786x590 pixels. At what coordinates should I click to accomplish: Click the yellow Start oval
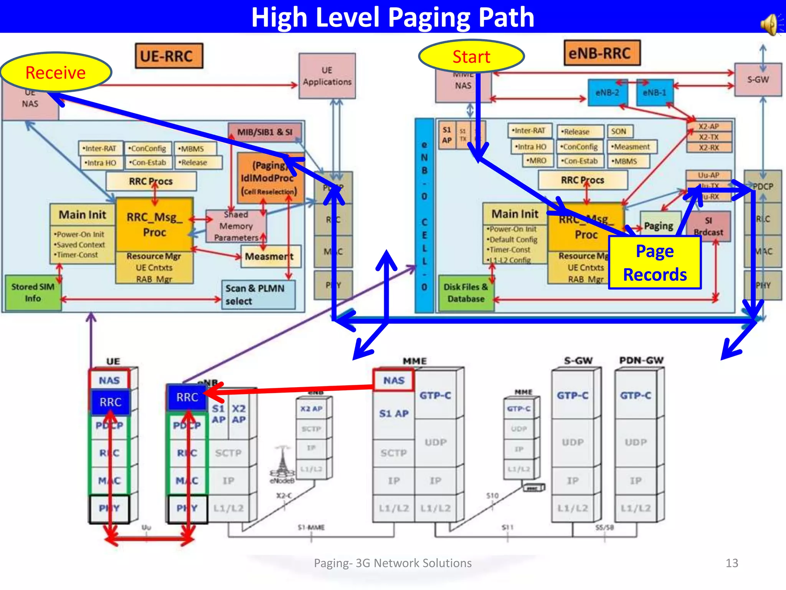(471, 56)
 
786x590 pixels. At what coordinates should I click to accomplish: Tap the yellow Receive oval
(56, 72)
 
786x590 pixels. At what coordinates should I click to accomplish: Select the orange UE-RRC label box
(169, 56)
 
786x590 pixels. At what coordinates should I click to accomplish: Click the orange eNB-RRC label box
(602, 53)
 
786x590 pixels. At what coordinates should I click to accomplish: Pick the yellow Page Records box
(655, 263)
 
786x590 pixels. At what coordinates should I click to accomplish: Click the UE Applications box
(327, 76)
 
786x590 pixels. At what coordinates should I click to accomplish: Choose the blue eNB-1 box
(654, 93)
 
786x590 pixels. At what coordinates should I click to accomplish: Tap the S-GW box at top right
(758, 80)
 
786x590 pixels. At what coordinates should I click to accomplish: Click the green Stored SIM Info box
(33, 292)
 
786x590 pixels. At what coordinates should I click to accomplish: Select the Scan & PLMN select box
(258, 295)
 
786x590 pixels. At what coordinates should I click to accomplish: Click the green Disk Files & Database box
(466, 293)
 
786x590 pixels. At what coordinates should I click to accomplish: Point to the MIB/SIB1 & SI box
(264, 132)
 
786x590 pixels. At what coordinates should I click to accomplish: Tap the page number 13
(732, 563)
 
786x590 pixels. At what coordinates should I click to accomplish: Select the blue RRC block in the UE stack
(110, 402)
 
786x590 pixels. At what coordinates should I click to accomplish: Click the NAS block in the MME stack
(394, 380)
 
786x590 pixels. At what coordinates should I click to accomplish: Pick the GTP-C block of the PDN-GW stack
(636, 395)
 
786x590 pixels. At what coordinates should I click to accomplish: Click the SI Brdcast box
(708, 226)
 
